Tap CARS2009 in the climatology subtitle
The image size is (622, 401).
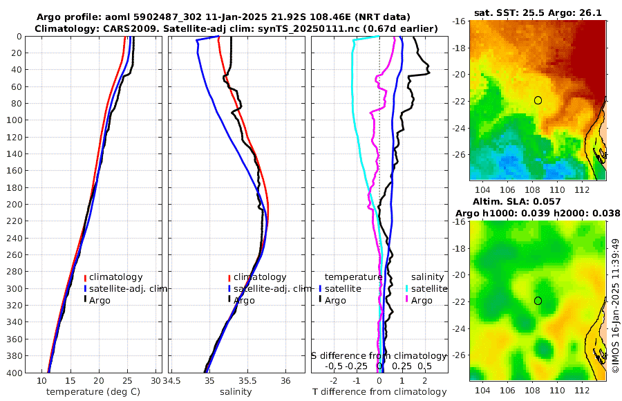[122, 28]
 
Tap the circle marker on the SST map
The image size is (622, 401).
[538, 100]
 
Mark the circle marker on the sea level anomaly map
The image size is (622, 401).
[538, 301]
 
